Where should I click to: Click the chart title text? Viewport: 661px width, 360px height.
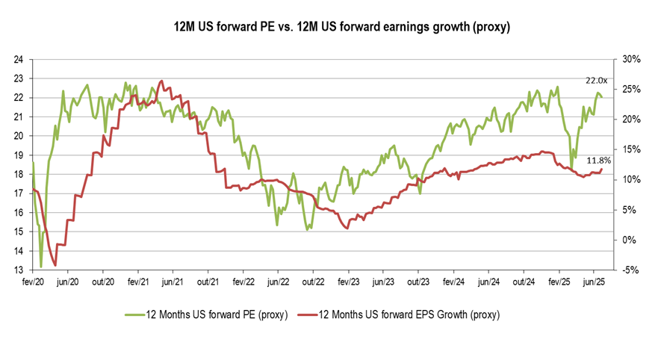click(x=330, y=28)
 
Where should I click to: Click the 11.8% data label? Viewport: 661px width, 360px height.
click(x=599, y=160)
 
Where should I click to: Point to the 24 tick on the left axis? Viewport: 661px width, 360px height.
click(x=20, y=59)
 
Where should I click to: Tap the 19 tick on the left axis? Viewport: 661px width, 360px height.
click(x=20, y=155)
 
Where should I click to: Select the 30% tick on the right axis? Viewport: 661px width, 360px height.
click(x=624, y=59)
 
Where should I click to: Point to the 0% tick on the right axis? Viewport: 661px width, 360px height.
click(x=624, y=240)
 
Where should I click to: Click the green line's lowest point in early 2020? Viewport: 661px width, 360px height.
click(x=41, y=266)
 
